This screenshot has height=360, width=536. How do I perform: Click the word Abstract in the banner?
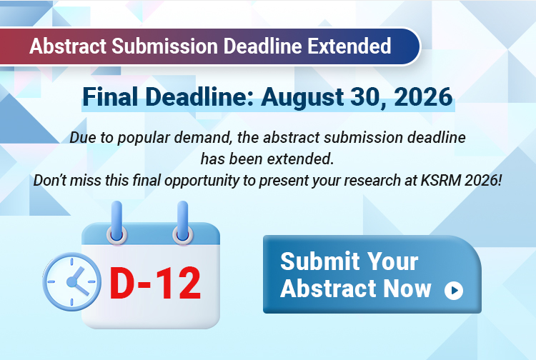pyautogui.click(x=68, y=46)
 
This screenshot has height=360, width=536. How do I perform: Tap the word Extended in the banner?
pyautogui.click(x=349, y=46)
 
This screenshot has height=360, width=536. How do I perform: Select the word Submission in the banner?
pyautogui.click(x=165, y=46)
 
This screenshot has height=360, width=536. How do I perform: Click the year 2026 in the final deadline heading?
pyautogui.click(x=423, y=96)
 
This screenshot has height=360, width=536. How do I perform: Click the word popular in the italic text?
pyautogui.click(x=144, y=138)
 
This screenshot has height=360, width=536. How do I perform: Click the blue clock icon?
pyautogui.click(x=71, y=281)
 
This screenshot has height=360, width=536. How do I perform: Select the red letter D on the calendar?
pyautogui.click(x=122, y=283)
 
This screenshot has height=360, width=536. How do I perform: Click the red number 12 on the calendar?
pyautogui.click(x=180, y=283)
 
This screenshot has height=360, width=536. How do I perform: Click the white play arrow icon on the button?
pyautogui.click(x=454, y=290)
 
